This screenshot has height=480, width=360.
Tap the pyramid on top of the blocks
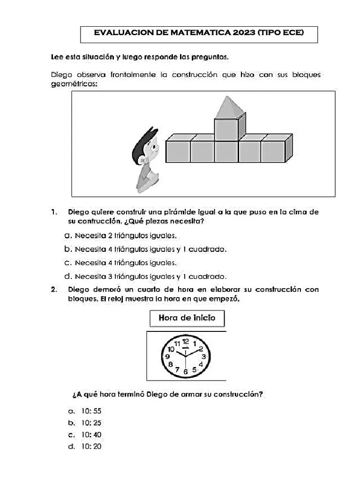click(230, 107)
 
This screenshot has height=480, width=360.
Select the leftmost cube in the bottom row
click(178, 151)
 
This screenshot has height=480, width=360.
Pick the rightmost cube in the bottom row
click(273, 151)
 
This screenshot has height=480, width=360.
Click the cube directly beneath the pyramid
click(226, 129)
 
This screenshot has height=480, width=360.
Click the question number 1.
click(54, 212)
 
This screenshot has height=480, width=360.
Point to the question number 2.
click(54, 289)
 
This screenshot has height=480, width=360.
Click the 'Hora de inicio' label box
click(187, 318)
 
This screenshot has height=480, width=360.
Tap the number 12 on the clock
click(186, 341)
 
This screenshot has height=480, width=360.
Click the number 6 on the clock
click(186, 372)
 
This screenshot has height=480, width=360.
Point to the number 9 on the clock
click(167, 357)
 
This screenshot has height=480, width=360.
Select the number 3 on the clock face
click(204, 357)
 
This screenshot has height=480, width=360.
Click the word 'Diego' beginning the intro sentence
click(60, 75)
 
